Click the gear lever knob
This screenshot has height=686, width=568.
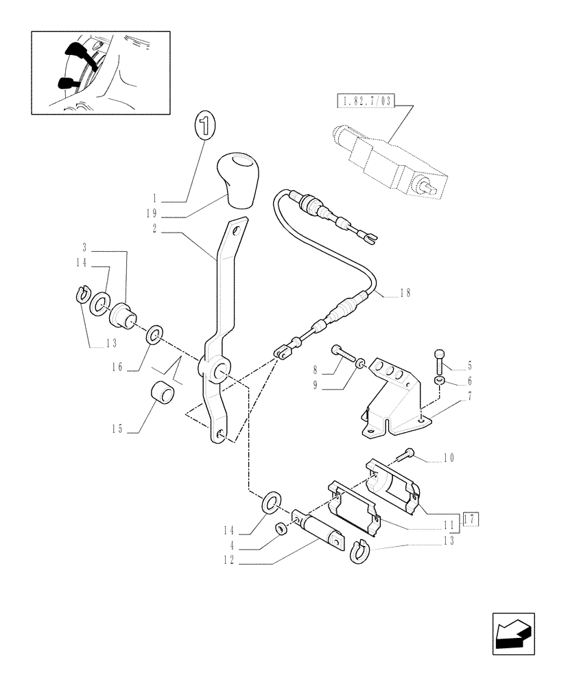(x=237, y=180)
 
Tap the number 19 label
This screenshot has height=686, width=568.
(x=155, y=214)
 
